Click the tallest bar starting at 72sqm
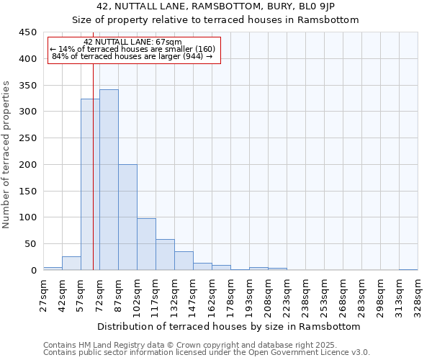point(109,180)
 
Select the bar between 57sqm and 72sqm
point(90,184)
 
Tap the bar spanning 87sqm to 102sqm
point(127,217)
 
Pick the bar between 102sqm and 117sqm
point(146,244)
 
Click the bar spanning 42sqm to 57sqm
point(71,264)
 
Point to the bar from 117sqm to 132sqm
point(165,255)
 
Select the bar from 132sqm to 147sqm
point(184,261)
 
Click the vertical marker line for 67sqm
point(94,144)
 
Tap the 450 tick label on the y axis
point(28,32)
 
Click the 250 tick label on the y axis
point(28,138)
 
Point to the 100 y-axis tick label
point(28,217)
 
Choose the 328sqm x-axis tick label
point(418,295)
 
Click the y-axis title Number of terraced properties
point(6,155)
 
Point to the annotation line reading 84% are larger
point(132,56)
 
